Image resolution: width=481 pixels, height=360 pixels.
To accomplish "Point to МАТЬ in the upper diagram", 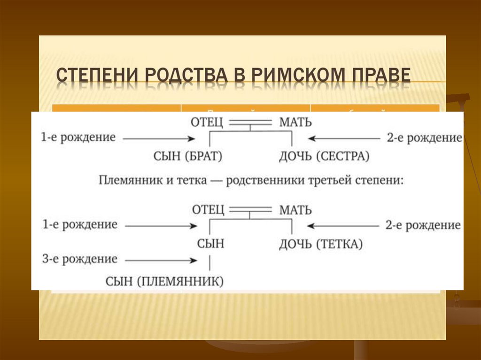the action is (x=295, y=123).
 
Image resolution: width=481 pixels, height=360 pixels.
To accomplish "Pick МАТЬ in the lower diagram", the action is (x=295, y=210).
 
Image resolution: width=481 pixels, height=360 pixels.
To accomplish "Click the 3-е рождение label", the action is (x=80, y=259).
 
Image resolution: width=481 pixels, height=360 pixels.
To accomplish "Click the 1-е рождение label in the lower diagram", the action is (x=80, y=224).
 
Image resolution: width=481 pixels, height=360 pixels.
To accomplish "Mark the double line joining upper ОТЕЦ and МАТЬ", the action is (x=250, y=122).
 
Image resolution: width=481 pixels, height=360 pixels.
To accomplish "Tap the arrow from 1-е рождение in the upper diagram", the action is (x=160, y=138).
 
